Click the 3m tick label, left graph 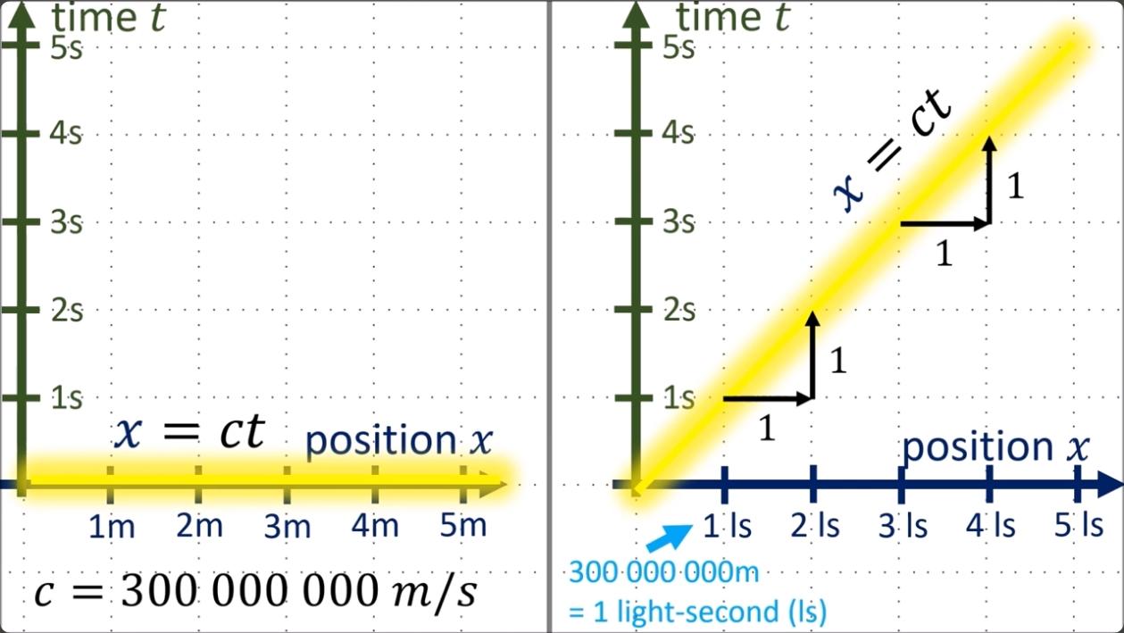pyautogui.click(x=287, y=527)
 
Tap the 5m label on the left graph pyautogui.click(x=463, y=525)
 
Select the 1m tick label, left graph pyautogui.click(x=112, y=527)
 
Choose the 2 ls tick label pyautogui.click(x=815, y=526)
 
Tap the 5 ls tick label pyautogui.click(x=1078, y=525)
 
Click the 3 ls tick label pyautogui.click(x=903, y=526)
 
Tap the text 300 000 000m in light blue pyautogui.click(x=663, y=571)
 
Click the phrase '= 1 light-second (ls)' pyautogui.click(x=697, y=612)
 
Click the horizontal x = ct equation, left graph pyautogui.click(x=190, y=433)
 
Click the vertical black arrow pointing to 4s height pyautogui.click(x=989, y=179)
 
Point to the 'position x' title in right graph pyautogui.click(x=995, y=446)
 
